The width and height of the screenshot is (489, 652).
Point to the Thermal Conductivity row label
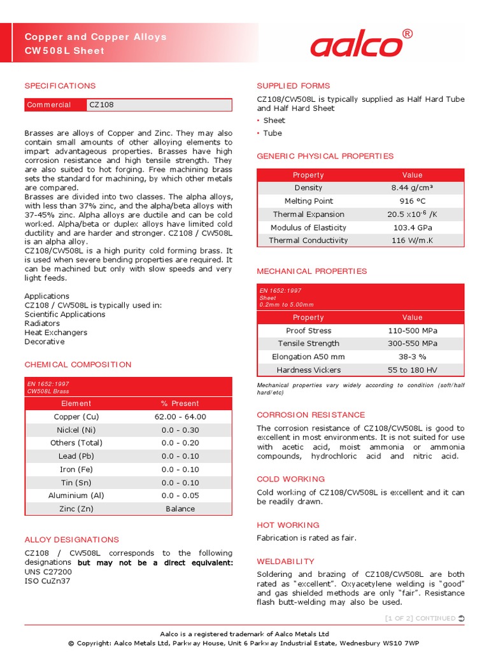[308, 241]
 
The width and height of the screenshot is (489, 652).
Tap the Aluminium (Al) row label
[76, 495]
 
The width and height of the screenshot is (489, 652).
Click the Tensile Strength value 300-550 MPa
[412, 344]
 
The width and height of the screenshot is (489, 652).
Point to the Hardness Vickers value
[412, 370]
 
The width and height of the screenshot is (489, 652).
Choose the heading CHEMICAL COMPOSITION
[78, 365]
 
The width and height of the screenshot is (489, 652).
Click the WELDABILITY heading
[285, 562]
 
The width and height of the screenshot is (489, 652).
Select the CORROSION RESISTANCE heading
[311, 415]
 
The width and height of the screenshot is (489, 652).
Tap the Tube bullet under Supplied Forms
[273, 133]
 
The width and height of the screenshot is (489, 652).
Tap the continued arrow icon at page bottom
[461, 618]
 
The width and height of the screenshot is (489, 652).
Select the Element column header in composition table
[76, 404]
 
